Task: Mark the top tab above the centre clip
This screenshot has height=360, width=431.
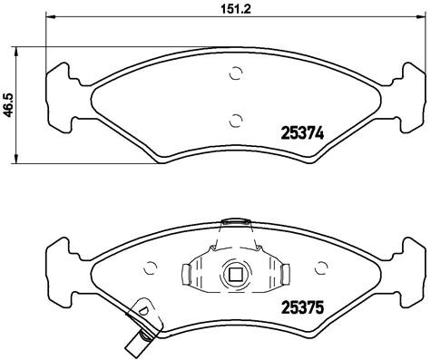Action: click(235, 221)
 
